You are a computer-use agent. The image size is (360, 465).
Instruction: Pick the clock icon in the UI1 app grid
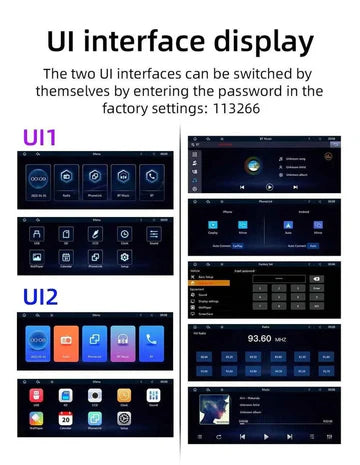[125, 233]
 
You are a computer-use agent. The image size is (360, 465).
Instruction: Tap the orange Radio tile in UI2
[65, 341]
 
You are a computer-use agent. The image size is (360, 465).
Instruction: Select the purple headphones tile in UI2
[124, 341]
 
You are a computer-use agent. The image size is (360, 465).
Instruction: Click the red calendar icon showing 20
[65, 419]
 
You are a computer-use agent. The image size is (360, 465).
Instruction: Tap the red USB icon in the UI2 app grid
[36, 396]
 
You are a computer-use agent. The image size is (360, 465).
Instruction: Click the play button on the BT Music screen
[269, 188]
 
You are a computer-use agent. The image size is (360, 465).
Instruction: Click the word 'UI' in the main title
[67, 42]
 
